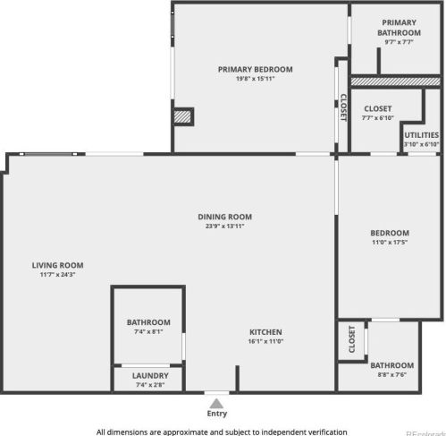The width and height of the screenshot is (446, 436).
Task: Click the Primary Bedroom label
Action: [255, 69]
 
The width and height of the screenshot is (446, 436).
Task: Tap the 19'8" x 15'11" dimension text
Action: [255, 79]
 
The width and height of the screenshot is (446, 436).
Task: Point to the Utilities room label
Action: [421, 135]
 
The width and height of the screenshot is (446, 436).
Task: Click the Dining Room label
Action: [224, 217]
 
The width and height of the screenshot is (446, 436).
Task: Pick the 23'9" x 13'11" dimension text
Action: [224, 227]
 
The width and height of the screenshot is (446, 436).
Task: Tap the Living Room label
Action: [57, 265]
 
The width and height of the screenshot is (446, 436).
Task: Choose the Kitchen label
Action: [265, 331]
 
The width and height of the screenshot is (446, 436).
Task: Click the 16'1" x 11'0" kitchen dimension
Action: [265, 341]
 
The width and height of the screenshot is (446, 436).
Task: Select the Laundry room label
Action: [148, 376]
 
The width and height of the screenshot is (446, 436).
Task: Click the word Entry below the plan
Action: [217, 414]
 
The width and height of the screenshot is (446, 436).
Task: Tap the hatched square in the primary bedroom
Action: [182, 116]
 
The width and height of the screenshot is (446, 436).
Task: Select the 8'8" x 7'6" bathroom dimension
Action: [391, 375]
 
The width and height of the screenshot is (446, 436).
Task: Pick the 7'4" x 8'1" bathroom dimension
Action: [148, 332]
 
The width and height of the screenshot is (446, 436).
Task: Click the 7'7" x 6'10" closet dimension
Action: [377, 118]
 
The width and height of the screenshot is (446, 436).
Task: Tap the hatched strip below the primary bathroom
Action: [395, 81]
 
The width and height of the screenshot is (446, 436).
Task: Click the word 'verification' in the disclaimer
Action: [324, 432]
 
